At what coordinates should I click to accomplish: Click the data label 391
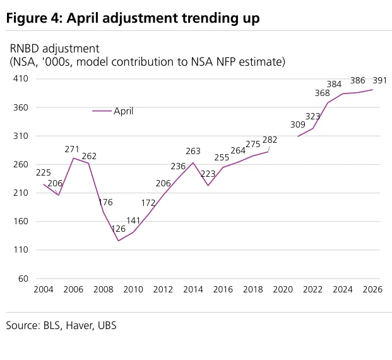(x=379, y=80)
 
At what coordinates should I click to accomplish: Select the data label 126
(x=118, y=229)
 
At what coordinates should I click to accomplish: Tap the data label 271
(x=72, y=149)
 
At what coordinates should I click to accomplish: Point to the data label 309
(x=298, y=124)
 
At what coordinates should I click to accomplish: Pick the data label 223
(x=208, y=174)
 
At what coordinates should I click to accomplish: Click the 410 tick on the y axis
(x=21, y=78)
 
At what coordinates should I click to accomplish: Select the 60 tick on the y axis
(x=23, y=279)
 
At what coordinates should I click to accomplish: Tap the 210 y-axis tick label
(x=21, y=193)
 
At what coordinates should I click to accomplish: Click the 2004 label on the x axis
(x=44, y=289)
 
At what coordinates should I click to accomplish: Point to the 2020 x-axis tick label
(x=283, y=289)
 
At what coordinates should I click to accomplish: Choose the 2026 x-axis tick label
(x=372, y=289)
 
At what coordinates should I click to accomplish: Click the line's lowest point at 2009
(x=119, y=241)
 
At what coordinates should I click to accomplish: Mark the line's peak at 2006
(x=73, y=158)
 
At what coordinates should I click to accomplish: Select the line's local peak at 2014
(x=193, y=162)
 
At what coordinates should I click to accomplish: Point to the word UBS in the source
(x=107, y=325)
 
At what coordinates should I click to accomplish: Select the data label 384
(x=334, y=84)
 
